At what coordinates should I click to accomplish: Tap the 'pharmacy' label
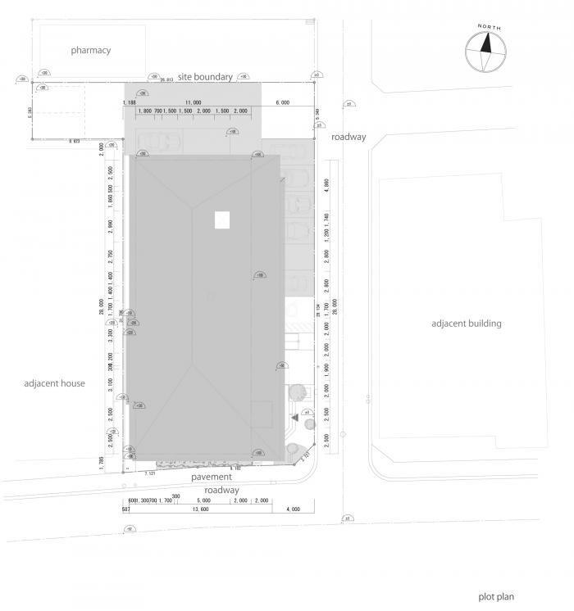[90, 50]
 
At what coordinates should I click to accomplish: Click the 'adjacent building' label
[466, 324]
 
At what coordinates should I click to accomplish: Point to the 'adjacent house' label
[54, 383]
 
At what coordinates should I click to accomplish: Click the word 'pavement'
[212, 477]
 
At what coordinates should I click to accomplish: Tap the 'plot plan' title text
[497, 597]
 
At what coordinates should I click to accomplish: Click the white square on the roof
[222, 220]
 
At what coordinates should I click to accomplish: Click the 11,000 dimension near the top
[194, 102]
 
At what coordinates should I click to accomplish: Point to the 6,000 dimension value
[283, 102]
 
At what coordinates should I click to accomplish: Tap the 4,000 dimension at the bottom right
[293, 509]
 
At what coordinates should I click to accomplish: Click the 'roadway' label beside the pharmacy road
[348, 138]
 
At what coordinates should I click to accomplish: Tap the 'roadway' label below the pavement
[221, 490]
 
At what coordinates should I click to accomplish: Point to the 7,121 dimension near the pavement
[150, 473]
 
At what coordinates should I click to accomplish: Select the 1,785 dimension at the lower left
[102, 462]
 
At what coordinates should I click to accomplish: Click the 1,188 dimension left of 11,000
[129, 102]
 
